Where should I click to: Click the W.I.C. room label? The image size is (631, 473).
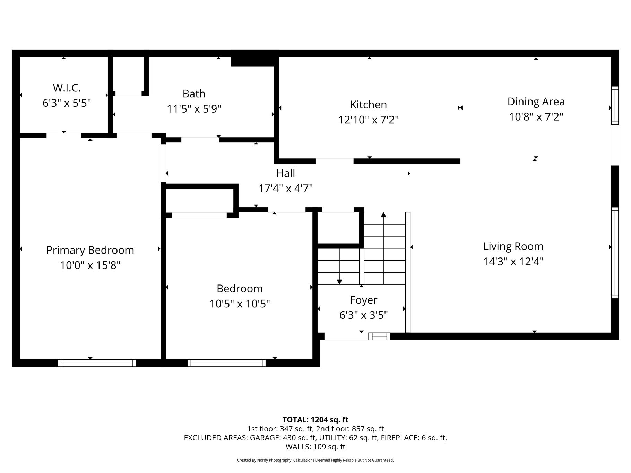pyautogui.click(x=67, y=88)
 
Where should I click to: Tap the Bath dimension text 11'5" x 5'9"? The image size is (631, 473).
pyautogui.click(x=194, y=109)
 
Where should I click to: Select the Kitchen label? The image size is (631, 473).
pyautogui.click(x=368, y=105)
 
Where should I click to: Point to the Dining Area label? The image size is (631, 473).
pyautogui.click(x=536, y=102)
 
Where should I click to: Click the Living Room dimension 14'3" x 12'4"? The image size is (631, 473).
pyautogui.click(x=513, y=261)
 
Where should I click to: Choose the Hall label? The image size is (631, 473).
pyautogui.click(x=286, y=173)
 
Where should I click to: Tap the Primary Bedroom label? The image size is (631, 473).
pyautogui.click(x=90, y=250)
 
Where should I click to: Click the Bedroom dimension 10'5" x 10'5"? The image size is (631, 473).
pyautogui.click(x=240, y=304)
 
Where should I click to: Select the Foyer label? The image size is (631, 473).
pyautogui.click(x=363, y=300)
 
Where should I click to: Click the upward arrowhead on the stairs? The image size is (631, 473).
pyautogui.click(x=383, y=215)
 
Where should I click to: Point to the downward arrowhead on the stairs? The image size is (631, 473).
pyautogui.click(x=339, y=282)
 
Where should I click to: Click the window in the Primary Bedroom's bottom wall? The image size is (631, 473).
pyautogui.click(x=96, y=363)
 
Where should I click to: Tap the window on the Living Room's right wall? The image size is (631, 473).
pyautogui.click(x=615, y=253)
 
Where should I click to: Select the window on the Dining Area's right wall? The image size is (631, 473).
pyautogui.click(x=615, y=105)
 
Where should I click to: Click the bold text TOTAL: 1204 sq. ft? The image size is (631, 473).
pyautogui.click(x=315, y=420)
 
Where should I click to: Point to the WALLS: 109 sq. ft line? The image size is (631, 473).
pyautogui.click(x=315, y=447)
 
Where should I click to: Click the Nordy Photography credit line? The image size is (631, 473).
pyautogui.click(x=315, y=460)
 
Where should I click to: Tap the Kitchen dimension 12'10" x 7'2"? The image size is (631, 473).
pyautogui.click(x=368, y=120)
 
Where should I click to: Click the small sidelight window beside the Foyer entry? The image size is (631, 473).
pyautogui.click(x=379, y=336)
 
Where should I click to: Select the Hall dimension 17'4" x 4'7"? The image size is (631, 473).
pyautogui.click(x=286, y=189)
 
